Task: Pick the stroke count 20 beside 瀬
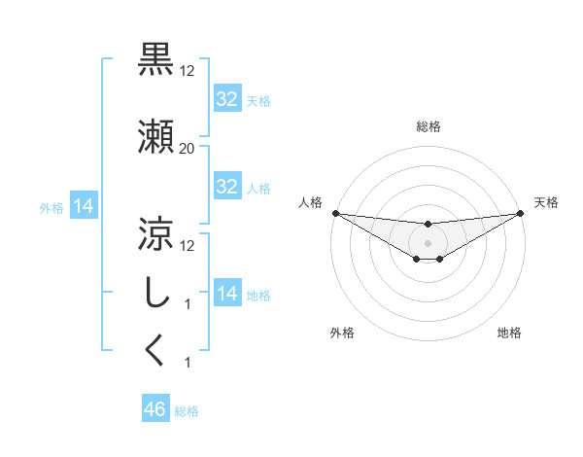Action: (x=187, y=149)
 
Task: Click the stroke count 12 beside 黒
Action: (x=187, y=71)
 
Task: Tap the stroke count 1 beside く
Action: (x=187, y=362)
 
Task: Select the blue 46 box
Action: (x=155, y=410)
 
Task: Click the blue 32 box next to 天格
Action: (x=227, y=99)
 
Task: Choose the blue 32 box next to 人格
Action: (x=227, y=187)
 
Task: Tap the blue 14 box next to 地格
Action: (x=227, y=294)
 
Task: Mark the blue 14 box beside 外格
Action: (x=84, y=206)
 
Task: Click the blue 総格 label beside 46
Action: (x=187, y=411)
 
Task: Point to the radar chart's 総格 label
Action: (x=428, y=126)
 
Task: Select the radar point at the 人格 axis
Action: (x=334, y=213)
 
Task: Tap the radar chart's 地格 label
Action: (x=509, y=334)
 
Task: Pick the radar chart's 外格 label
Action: (x=342, y=334)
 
